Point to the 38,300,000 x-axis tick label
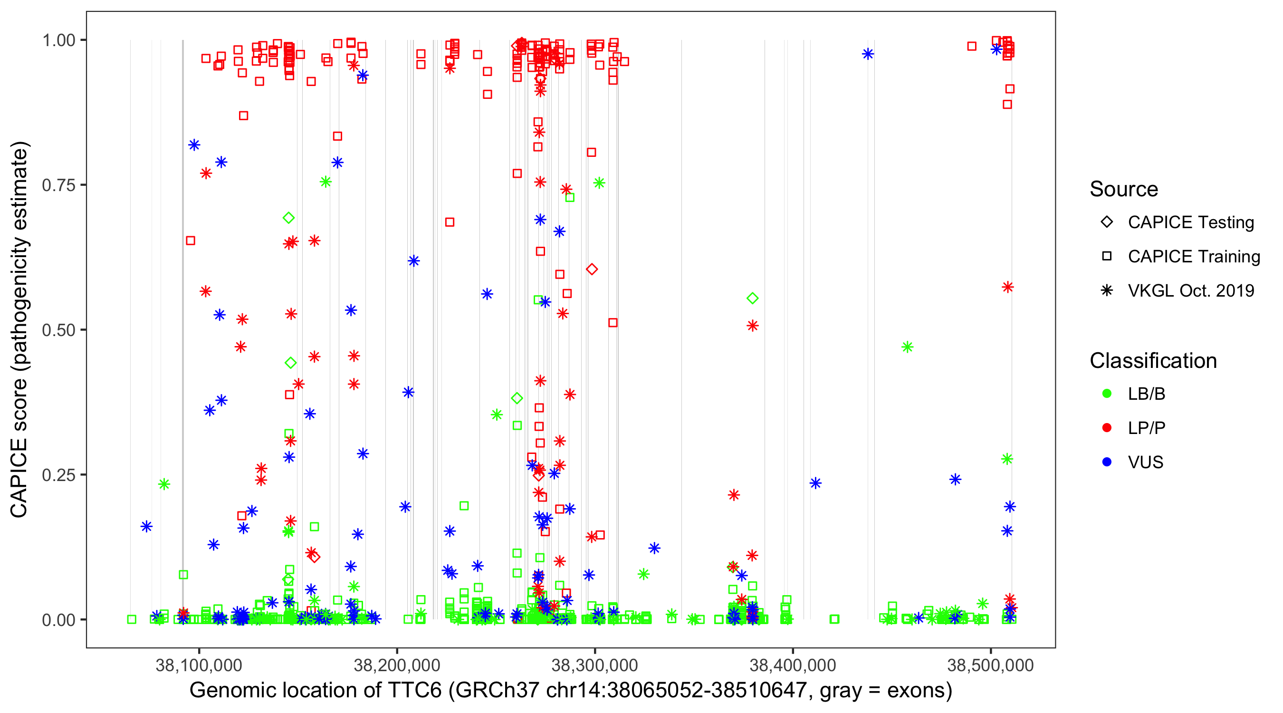[594, 665]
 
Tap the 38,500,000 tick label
[990, 665]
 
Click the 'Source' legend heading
[1124, 189]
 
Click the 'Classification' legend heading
[1153, 361]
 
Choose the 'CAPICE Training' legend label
[1194, 257]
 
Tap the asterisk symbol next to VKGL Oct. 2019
[1107, 290]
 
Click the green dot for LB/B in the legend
[1107, 394]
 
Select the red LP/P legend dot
[1107, 428]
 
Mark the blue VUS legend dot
[1107, 462]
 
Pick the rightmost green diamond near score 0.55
[753, 299]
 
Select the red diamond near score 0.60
[592, 270]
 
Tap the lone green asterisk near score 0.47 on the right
[908, 347]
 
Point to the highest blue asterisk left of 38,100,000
[194, 145]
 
